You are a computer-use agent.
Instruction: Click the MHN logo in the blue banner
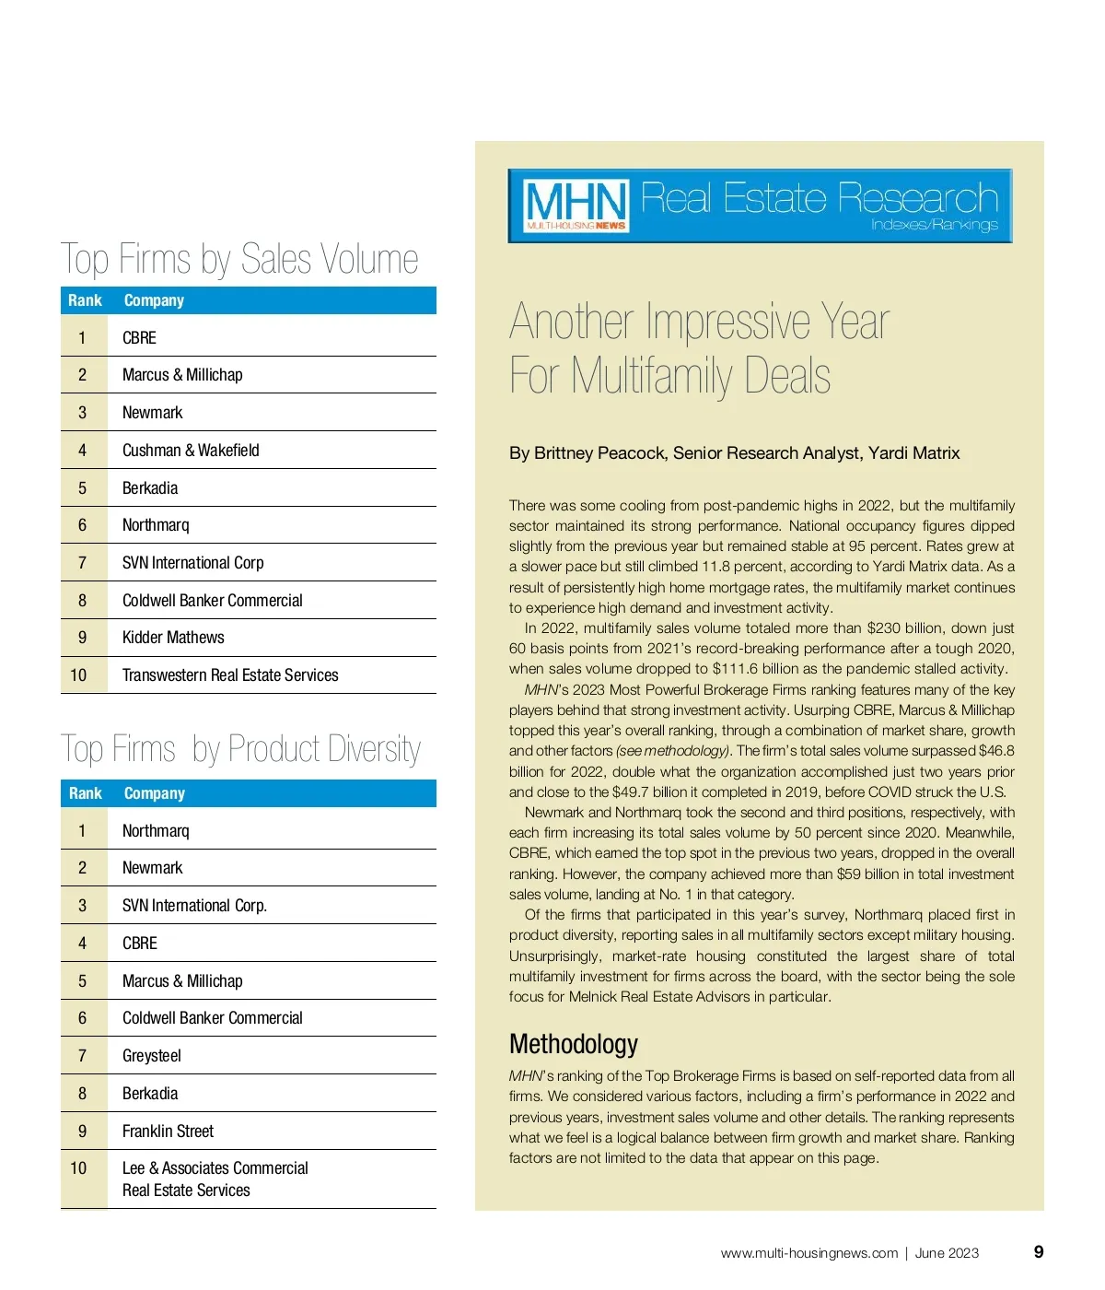(x=576, y=205)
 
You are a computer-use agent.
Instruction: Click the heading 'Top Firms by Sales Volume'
(x=239, y=259)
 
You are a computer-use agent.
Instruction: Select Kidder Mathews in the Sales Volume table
(x=173, y=638)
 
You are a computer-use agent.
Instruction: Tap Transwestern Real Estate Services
(x=230, y=675)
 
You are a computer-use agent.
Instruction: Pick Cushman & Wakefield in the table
(x=191, y=451)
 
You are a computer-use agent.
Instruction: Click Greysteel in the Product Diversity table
(x=152, y=1056)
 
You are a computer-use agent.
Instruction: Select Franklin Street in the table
(x=168, y=1132)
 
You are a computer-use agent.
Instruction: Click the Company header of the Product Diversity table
(x=154, y=793)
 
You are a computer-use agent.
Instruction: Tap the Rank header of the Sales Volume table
(x=85, y=300)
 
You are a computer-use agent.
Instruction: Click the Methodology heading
(x=573, y=1044)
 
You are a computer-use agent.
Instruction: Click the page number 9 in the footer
(x=1039, y=1251)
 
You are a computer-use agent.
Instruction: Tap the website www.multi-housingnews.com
(x=808, y=1253)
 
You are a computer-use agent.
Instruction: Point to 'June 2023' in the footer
(x=947, y=1253)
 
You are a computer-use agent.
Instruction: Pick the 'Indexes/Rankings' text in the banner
(x=934, y=225)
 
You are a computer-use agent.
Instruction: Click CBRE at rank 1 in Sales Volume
(x=139, y=338)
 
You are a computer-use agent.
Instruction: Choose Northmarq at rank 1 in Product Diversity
(x=156, y=831)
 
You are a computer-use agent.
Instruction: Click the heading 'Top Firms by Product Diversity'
(x=240, y=749)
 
